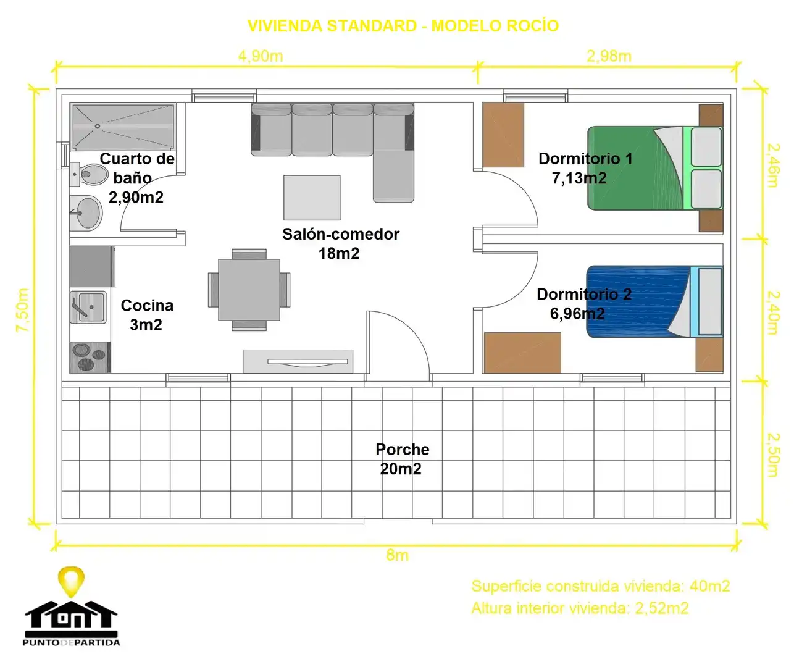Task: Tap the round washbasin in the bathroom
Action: click(x=86, y=213)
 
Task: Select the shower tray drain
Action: click(x=98, y=126)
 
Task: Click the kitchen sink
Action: click(x=89, y=307)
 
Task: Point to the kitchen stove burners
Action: click(x=90, y=358)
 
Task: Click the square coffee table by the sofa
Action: click(x=312, y=198)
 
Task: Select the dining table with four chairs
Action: click(x=249, y=290)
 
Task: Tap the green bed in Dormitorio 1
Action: click(x=655, y=168)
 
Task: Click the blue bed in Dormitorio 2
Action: click(x=654, y=302)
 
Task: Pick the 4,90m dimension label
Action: click(x=261, y=56)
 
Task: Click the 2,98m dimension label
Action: click(x=609, y=56)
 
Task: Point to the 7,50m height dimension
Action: click(x=22, y=309)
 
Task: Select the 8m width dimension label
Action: click(x=398, y=555)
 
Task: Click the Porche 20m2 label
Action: click(x=402, y=459)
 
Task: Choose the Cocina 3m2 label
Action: click(x=147, y=315)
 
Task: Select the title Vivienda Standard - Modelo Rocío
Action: click(x=403, y=26)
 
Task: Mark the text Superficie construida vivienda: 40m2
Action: click(x=601, y=586)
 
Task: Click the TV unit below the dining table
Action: click(x=298, y=361)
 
